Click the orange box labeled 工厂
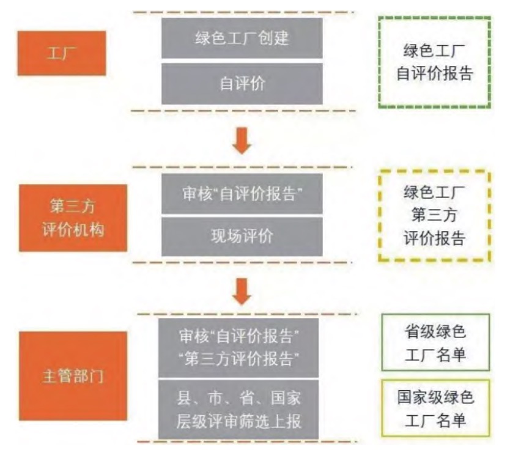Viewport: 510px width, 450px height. [62, 53]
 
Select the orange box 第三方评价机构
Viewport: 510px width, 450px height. [73, 218]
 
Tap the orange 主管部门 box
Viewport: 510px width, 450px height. [73, 376]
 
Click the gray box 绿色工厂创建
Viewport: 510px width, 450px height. [242, 38]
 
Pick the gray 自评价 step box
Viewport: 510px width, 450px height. [242, 84]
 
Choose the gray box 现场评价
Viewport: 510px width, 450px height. [242, 237]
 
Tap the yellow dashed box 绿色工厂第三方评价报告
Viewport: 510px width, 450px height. [435, 171]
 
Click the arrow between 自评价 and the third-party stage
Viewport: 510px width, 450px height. [242, 141]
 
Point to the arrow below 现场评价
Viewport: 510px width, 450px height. [242, 292]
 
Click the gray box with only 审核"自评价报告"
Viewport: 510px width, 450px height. [242, 193]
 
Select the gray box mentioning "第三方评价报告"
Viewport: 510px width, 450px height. [238, 348]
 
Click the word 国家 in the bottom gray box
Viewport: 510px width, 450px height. [286, 398]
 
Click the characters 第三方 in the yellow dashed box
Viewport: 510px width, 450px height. [435, 215]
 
